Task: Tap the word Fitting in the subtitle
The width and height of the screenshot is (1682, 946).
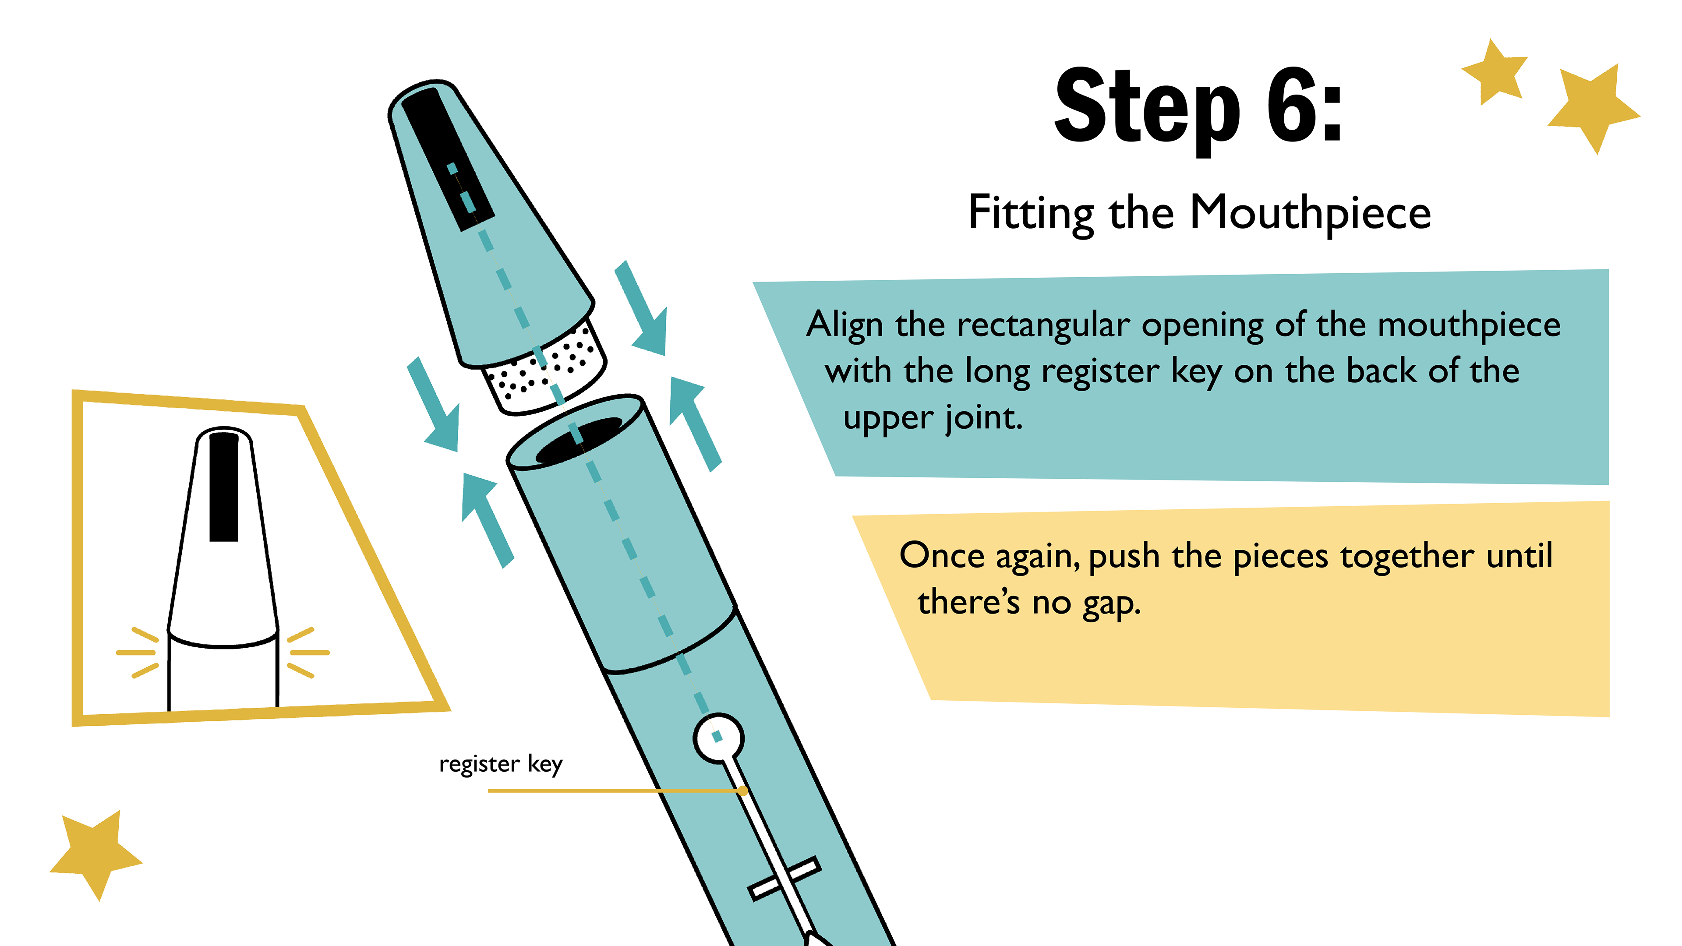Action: pos(1031,213)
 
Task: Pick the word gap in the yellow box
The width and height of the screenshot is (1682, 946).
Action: pos(1111,603)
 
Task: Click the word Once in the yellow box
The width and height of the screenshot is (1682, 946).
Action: pos(942,556)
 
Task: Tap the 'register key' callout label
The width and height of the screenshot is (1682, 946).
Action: pos(500,764)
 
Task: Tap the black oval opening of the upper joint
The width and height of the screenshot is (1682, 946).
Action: pos(579,439)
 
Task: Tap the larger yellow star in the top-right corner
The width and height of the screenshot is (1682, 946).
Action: pos(1593,108)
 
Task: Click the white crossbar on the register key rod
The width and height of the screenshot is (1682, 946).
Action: pos(784,878)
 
